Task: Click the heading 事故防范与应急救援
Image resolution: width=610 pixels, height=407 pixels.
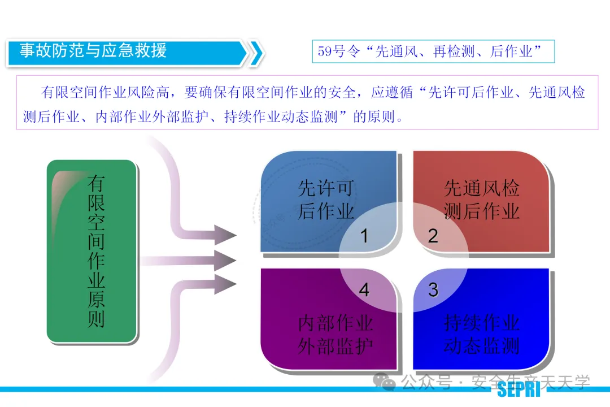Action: coord(93,51)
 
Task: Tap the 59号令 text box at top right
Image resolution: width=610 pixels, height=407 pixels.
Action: coord(433,51)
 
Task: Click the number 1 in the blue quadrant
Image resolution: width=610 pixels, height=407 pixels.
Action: coord(364,236)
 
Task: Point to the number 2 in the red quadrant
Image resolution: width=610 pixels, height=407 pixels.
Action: coord(433,236)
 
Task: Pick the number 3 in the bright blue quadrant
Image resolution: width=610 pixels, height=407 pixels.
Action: coord(433,290)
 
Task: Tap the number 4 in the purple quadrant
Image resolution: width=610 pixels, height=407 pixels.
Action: coord(364,290)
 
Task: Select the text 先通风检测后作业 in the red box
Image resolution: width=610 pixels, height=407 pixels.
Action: coord(481,200)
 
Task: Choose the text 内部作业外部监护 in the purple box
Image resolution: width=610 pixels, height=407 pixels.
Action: coord(335,334)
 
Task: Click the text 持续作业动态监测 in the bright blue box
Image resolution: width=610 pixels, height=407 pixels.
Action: coord(481,334)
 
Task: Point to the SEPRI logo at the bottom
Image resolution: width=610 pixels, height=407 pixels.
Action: coord(518,389)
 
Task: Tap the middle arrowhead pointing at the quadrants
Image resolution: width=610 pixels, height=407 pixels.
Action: coord(226,261)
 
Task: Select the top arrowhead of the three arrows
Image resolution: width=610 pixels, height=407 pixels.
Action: coord(226,234)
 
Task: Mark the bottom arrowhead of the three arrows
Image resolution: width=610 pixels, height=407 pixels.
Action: coord(226,284)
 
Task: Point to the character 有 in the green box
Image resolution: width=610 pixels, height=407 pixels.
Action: coord(96,184)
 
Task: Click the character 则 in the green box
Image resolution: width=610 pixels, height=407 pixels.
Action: coord(96,319)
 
